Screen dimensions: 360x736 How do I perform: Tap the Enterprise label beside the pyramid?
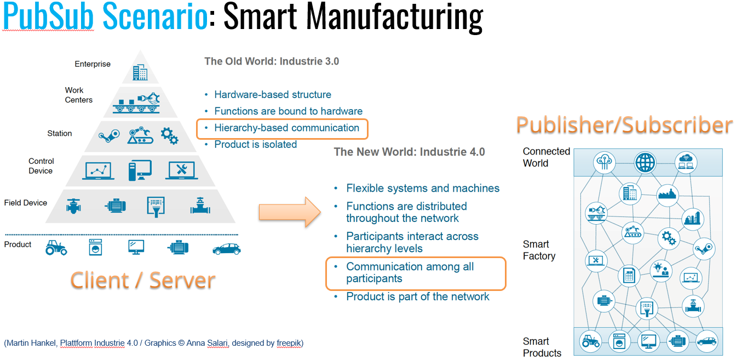[x=93, y=64]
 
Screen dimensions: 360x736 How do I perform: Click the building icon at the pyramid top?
[x=140, y=72]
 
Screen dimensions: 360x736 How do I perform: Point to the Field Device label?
[x=26, y=203]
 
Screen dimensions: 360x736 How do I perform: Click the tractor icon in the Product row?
[x=56, y=247]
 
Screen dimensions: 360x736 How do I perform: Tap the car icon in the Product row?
[x=226, y=249]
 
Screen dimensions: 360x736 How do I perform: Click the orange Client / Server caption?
[x=142, y=280]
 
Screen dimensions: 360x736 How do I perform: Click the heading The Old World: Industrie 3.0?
[x=272, y=61]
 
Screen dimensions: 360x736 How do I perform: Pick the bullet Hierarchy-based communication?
[x=286, y=128]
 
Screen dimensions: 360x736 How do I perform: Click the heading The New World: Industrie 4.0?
[x=410, y=152]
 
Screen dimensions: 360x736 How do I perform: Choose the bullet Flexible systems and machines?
[x=423, y=188]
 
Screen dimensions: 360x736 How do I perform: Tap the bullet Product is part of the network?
[x=418, y=296]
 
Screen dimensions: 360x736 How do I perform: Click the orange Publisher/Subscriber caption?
[x=624, y=125]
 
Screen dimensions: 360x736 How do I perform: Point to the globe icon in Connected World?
[x=645, y=162]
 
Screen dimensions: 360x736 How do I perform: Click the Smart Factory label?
[x=539, y=250]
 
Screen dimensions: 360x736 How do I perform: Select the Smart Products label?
[x=542, y=347]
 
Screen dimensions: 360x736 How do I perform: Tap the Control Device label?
[x=41, y=166]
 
